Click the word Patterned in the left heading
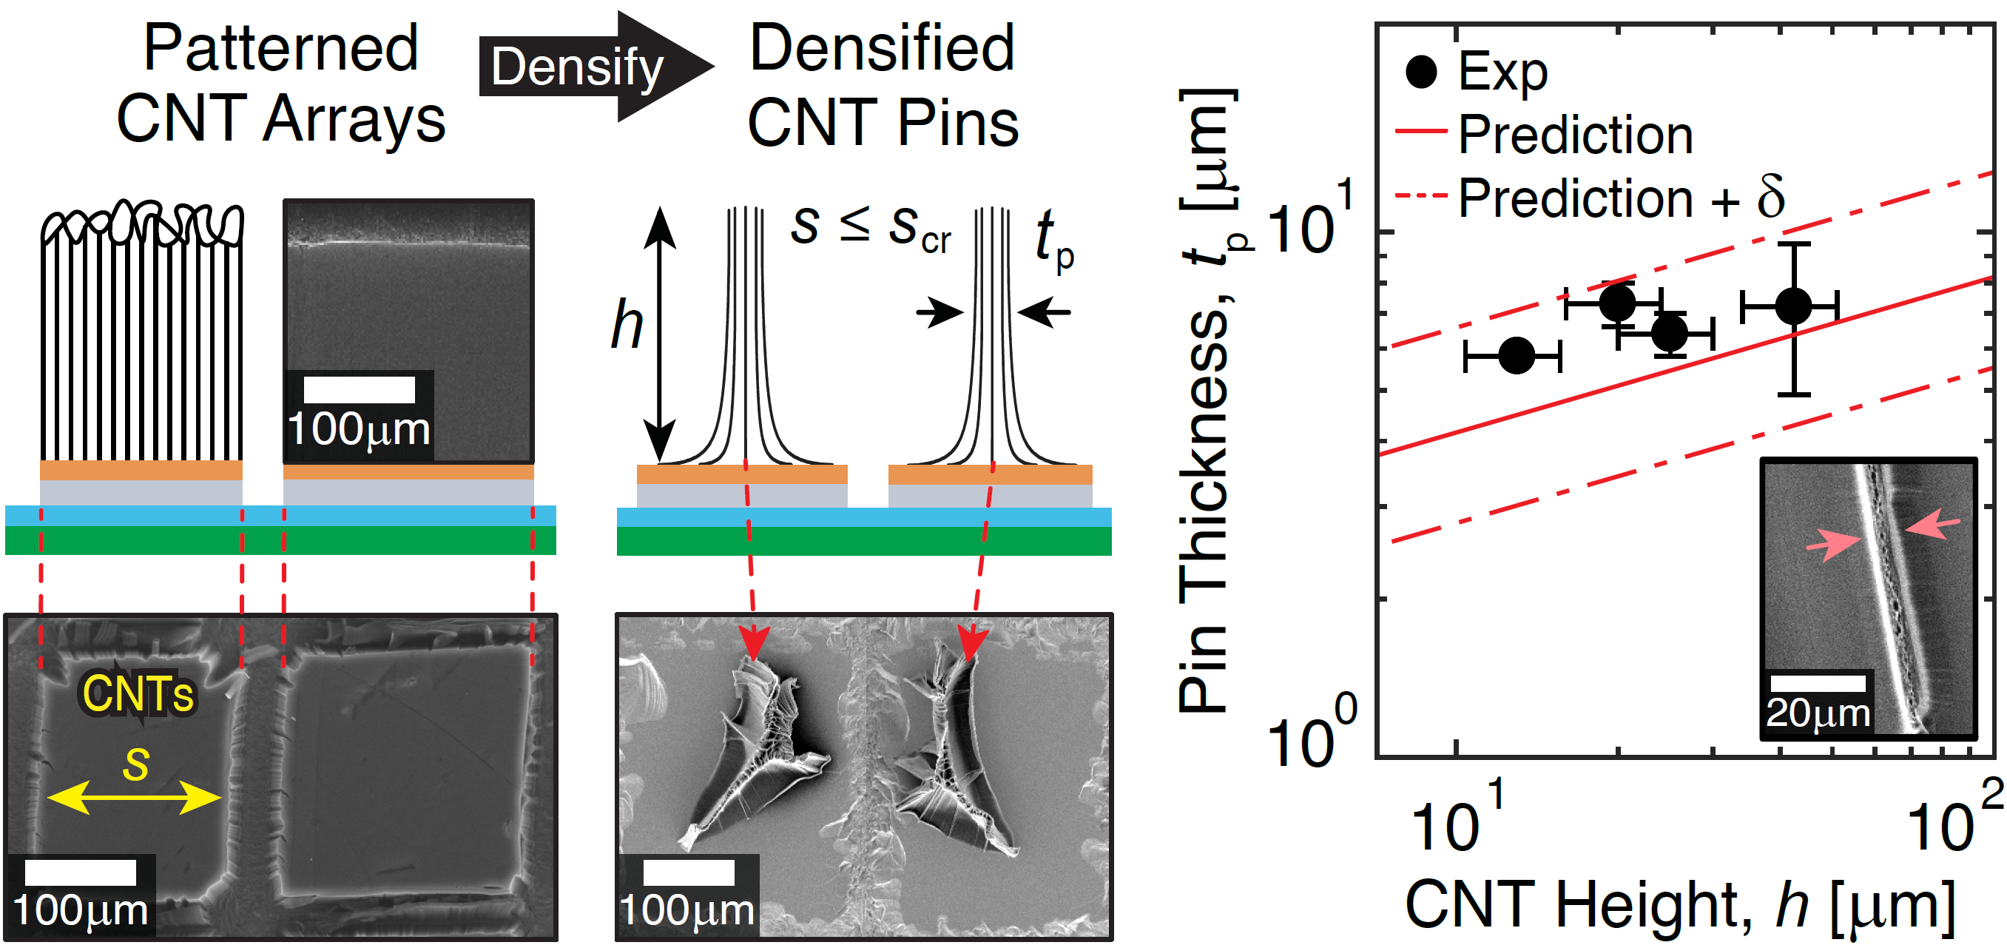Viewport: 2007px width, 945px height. coord(280,48)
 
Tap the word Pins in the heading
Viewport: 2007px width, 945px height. coord(958,123)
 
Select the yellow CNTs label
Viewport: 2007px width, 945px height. coord(138,693)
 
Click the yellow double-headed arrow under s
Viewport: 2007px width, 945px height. coord(134,797)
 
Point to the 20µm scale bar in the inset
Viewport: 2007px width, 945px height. coord(1817,683)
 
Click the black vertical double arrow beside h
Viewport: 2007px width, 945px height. coord(660,335)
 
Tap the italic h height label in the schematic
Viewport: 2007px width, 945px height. coord(627,326)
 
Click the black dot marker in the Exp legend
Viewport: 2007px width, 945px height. coord(1421,72)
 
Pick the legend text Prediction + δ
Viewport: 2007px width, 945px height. coord(1621,198)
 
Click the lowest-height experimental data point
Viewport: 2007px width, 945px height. coord(1516,356)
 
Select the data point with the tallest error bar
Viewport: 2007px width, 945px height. coord(1793,306)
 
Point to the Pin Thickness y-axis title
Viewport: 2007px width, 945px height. coord(1207,401)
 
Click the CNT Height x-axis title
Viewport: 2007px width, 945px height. coord(1679,905)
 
